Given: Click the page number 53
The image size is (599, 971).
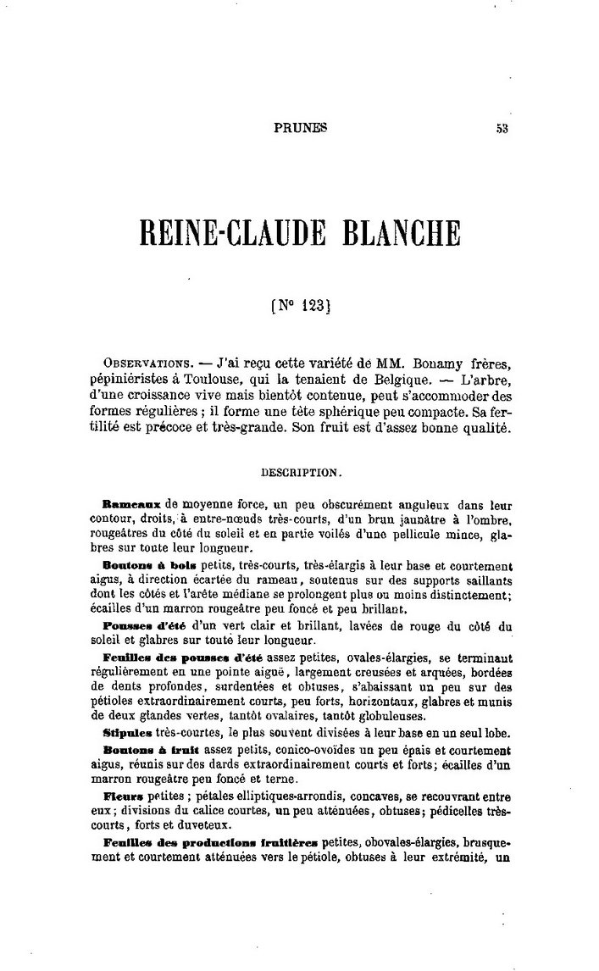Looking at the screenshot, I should click(x=502, y=130).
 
